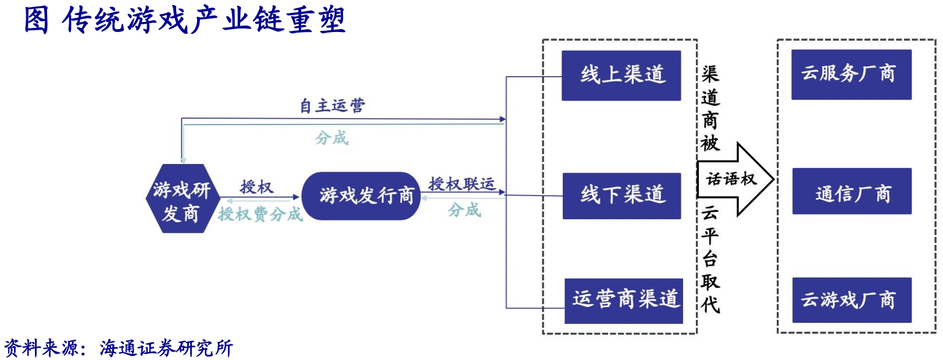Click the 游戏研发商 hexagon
[x=182, y=199]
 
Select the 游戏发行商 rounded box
[x=361, y=196]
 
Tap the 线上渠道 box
[x=621, y=76]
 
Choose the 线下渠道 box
[x=621, y=195]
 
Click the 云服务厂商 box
[x=851, y=74]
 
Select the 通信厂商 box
[x=852, y=191]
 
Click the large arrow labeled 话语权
[x=734, y=179]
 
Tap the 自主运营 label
[x=332, y=106]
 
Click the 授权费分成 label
[x=260, y=215]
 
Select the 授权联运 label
[x=462, y=184]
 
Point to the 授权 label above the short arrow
[x=256, y=187]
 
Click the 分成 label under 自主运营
[x=331, y=138]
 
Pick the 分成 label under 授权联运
[x=464, y=210]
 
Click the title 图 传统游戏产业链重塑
[x=185, y=19]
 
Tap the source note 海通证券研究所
[x=166, y=348]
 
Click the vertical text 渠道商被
[x=710, y=108]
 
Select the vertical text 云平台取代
[x=710, y=259]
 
